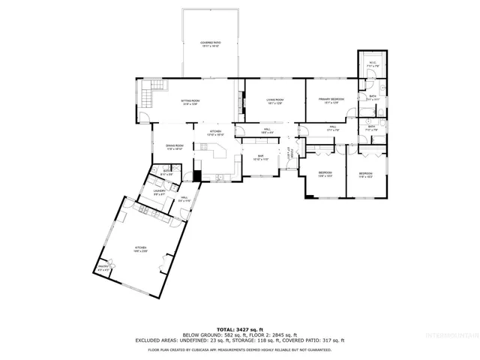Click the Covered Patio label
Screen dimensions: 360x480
tap(210, 44)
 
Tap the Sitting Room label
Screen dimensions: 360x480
tap(190, 101)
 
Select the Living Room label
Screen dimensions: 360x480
tap(274, 101)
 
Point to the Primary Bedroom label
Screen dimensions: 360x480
tap(331, 101)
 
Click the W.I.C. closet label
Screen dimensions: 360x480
tap(372, 64)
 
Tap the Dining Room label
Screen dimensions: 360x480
tap(174, 148)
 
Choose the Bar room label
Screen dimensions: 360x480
tap(260, 158)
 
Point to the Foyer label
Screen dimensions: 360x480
tap(289, 154)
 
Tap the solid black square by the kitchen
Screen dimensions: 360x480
tap(197, 176)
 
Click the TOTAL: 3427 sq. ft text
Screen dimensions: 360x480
tap(239, 329)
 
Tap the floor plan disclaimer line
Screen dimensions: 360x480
tap(239, 349)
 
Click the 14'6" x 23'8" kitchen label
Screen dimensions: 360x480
tap(139, 249)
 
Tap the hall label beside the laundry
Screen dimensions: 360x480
tap(184, 199)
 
